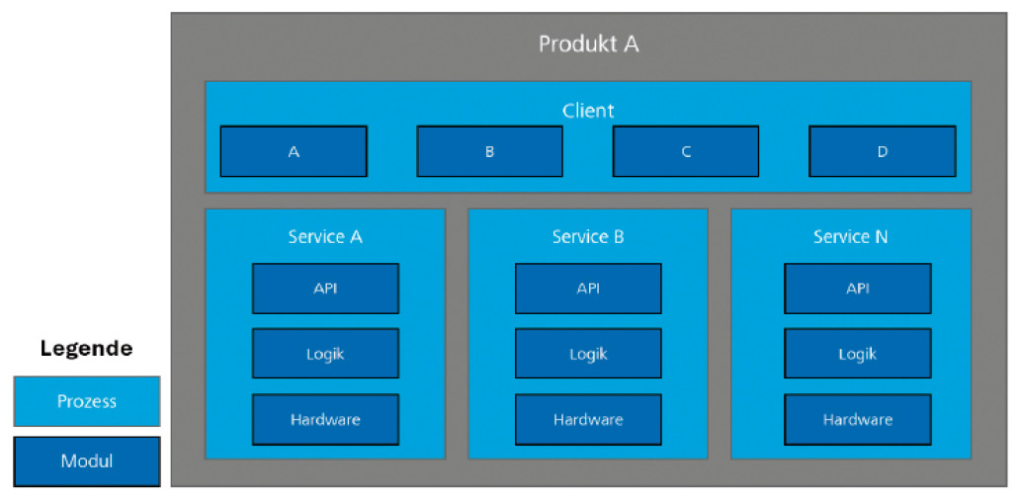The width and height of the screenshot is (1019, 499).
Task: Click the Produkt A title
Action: (x=588, y=44)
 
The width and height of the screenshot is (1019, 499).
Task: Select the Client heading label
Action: (x=588, y=111)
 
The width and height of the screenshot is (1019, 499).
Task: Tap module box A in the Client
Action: (x=294, y=151)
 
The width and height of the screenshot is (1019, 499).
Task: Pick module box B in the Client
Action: (x=489, y=151)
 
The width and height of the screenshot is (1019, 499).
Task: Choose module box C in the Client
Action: (x=686, y=151)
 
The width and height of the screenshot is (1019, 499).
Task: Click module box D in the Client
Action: (x=882, y=151)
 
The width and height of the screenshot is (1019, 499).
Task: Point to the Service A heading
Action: (x=325, y=237)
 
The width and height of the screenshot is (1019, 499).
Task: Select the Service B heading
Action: (x=588, y=237)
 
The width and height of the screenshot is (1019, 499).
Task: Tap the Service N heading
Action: (x=851, y=237)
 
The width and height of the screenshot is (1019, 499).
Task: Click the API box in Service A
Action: (x=325, y=289)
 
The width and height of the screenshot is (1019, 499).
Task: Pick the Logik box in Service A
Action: (x=325, y=354)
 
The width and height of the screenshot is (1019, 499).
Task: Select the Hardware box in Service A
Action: (x=325, y=419)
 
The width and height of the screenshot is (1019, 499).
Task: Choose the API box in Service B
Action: (x=588, y=289)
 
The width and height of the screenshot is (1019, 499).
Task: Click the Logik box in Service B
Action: (x=588, y=354)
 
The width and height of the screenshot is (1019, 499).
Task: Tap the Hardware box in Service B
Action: (x=588, y=419)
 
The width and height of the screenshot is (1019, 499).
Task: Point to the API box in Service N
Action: (x=858, y=289)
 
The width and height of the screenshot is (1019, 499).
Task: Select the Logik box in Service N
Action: (x=858, y=354)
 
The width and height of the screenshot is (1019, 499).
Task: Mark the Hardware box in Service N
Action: (x=858, y=419)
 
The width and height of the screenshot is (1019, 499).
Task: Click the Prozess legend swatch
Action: (x=86, y=401)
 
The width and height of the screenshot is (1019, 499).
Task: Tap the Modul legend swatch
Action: (x=86, y=461)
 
